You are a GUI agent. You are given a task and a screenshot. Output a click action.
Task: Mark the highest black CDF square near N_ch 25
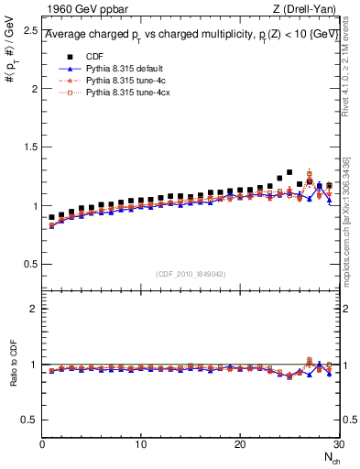(x=289, y=172)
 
